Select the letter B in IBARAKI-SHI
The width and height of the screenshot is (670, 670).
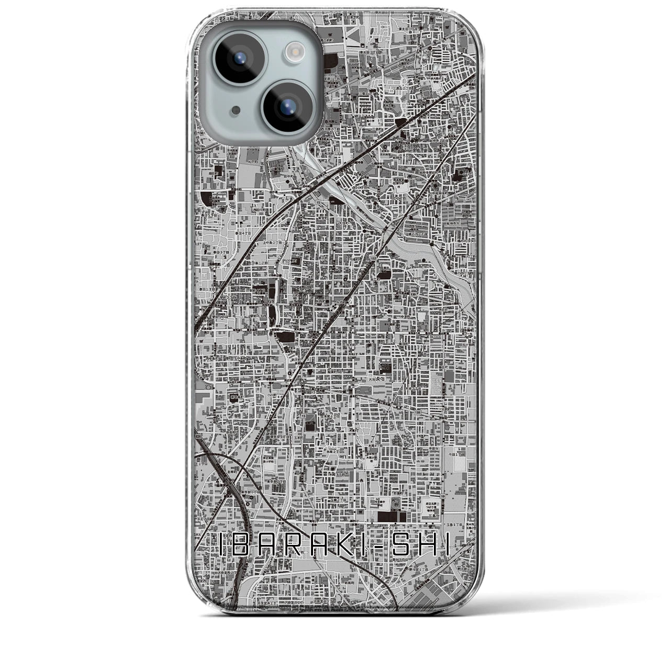[246, 546]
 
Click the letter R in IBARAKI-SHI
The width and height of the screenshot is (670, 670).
[301, 546]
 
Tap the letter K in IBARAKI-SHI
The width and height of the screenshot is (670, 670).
[356, 546]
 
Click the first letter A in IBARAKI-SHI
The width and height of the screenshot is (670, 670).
[274, 546]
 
